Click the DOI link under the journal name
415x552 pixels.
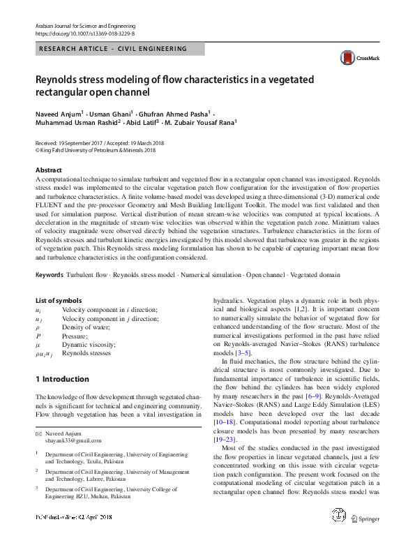(84, 33)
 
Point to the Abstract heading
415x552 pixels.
(49, 170)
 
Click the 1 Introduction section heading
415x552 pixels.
(62, 379)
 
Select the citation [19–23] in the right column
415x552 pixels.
(227, 440)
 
